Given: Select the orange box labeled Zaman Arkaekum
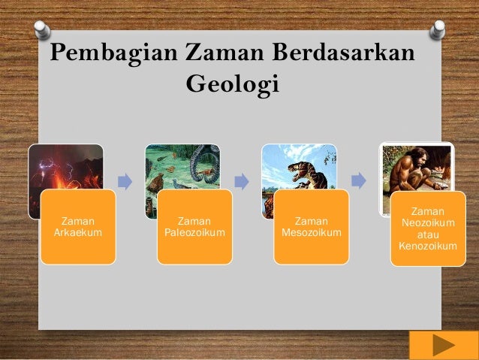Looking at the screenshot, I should pyautogui.click(x=77, y=227).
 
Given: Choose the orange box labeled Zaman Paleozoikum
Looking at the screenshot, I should pyautogui.click(x=194, y=227).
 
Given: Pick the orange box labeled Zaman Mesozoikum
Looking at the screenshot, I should pyautogui.click(x=311, y=227).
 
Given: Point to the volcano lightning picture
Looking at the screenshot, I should pyautogui.click(x=65, y=167).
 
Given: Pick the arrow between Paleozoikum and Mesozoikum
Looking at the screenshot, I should pyautogui.click(x=241, y=181).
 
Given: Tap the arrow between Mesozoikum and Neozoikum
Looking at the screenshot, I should pyautogui.click(x=358, y=181).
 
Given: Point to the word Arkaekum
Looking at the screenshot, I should pyautogui.click(x=77, y=233).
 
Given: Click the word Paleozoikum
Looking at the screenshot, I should pyautogui.click(x=194, y=233).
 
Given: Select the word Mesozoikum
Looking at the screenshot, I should pyautogui.click(x=311, y=233).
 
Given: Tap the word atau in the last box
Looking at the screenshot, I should pyautogui.click(x=427, y=234).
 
